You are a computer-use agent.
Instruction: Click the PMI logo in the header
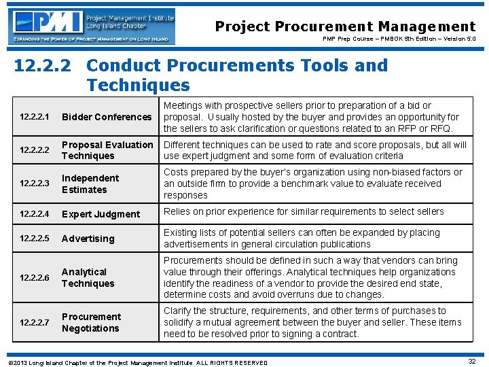pyautogui.click(x=94, y=27)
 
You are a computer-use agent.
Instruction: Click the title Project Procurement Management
pyautogui.click(x=345, y=27)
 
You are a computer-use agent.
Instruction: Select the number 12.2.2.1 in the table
pyautogui.click(x=35, y=117)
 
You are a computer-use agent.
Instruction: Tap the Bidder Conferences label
pyautogui.click(x=107, y=117)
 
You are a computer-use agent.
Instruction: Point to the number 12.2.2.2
pyautogui.click(x=35, y=150)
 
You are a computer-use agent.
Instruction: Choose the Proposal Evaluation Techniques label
pyautogui.click(x=107, y=150)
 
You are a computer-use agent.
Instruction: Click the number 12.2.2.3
pyautogui.click(x=35, y=183)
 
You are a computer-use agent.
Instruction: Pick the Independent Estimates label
pyautogui.click(x=90, y=183)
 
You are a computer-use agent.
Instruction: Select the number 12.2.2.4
pyautogui.click(x=35, y=214)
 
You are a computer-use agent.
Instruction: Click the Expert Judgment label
pyautogui.click(x=101, y=214)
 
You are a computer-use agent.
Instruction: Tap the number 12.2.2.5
pyautogui.click(x=35, y=239)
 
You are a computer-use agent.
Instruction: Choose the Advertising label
pyautogui.click(x=88, y=239)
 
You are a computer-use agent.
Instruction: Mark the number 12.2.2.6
pyautogui.click(x=35, y=277)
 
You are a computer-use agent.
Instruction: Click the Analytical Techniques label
pyautogui.click(x=88, y=277)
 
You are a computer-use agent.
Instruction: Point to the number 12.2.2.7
pyautogui.click(x=35, y=322)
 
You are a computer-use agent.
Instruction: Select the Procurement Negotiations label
pyautogui.click(x=91, y=322)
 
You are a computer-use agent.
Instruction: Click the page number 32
pyautogui.click(x=471, y=362)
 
